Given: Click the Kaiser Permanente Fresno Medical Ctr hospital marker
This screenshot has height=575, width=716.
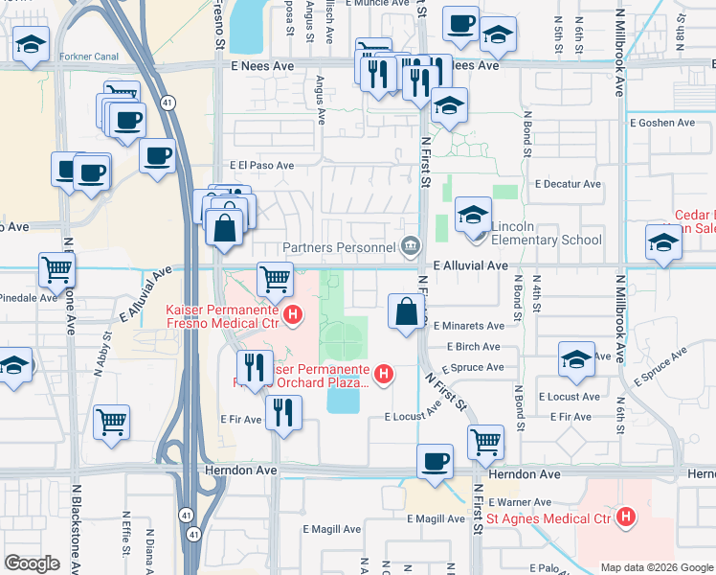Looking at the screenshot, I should point(294,312).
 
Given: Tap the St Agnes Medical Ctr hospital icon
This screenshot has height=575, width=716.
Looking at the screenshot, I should point(626,518).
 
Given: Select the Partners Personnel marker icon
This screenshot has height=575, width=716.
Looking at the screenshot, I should point(411,247).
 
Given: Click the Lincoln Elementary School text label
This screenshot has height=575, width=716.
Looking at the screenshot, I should point(546,241).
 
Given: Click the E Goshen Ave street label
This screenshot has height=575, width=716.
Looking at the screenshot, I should point(661,123).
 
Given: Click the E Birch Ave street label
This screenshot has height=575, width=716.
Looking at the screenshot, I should point(467,347).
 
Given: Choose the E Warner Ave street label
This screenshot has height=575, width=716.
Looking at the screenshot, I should point(520,502).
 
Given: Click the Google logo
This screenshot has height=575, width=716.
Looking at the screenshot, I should point(33,563).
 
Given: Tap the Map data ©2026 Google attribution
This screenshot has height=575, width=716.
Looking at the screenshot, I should point(656,567).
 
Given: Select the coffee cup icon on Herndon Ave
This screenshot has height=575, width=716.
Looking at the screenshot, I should point(436,461).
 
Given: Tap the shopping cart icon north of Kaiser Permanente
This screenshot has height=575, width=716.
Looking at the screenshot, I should point(276,279).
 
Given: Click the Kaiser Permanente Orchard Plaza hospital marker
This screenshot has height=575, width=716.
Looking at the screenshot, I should point(384,373).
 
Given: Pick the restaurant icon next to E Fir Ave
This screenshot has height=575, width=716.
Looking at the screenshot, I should point(284,412).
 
